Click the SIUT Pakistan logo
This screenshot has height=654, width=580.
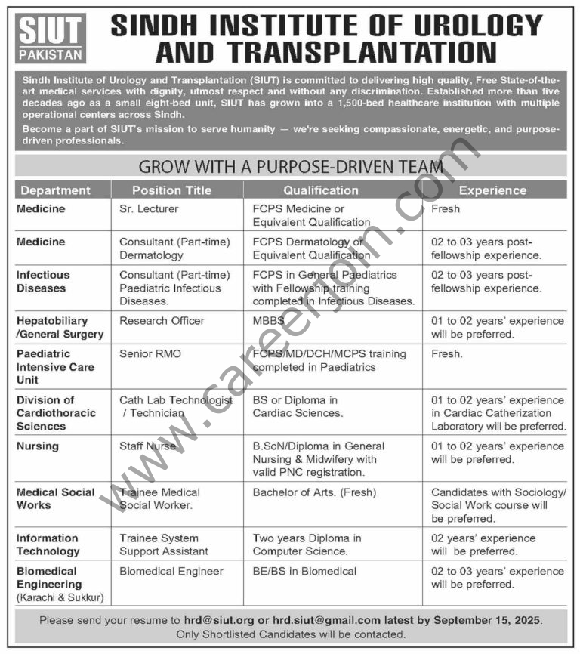(51, 38)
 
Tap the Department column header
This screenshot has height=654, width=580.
(55, 190)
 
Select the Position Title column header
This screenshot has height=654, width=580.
(171, 190)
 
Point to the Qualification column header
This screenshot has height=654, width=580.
(321, 190)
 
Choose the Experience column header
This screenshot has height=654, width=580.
(492, 190)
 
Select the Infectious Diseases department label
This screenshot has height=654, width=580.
(43, 282)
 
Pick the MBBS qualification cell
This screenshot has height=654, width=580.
(269, 321)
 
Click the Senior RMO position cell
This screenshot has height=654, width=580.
(150, 353)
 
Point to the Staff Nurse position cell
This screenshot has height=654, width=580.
(147, 446)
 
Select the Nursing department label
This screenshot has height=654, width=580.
(37, 446)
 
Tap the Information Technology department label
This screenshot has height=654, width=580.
(48, 544)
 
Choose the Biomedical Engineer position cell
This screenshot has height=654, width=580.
(171, 572)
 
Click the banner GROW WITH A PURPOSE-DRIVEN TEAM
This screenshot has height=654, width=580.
(292, 165)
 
